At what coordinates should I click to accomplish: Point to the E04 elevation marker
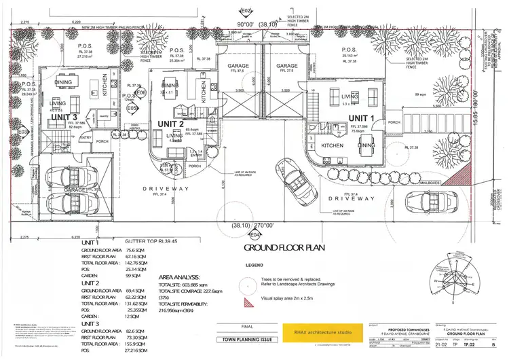(x=254, y=235)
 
